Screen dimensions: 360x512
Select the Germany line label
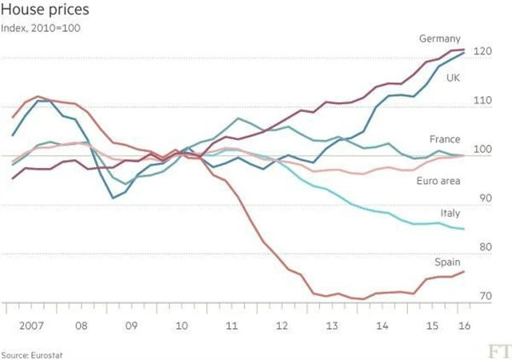pyautogui.click(x=440, y=38)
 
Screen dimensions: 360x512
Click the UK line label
pyautogui.click(x=452, y=78)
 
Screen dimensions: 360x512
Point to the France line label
pyautogui.click(x=445, y=139)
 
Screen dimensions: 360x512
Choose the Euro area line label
pyautogui.click(x=438, y=182)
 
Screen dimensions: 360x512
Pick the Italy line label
pyautogui.click(x=450, y=213)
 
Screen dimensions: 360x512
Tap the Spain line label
pyautogui.click(x=446, y=262)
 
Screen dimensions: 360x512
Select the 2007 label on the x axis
pyautogui.click(x=30, y=326)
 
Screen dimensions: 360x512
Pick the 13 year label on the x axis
pyautogui.click(x=332, y=326)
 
